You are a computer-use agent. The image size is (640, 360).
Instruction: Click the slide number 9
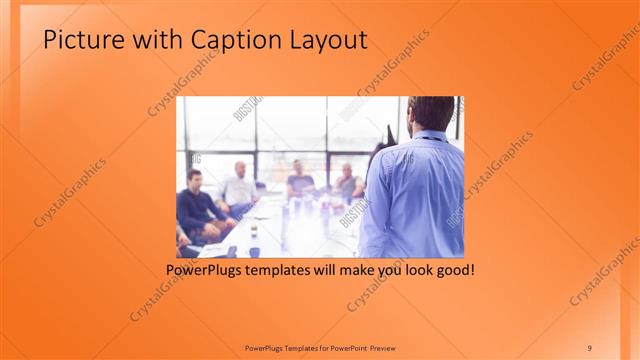pyautogui.click(x=589, y=347)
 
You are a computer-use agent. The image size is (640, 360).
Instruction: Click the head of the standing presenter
pyautogui.click(x=432, y=114)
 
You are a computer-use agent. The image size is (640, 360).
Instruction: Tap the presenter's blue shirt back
pyautogui.click(x=414, y=195)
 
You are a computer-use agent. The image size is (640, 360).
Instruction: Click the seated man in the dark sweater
pyautogui.click(x=194, y=205)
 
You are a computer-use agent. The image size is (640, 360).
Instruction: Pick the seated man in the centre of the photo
pyautogui.click(x=299, y=180)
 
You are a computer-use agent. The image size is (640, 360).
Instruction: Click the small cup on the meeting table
pyautogui.click(x=253, y=232)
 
